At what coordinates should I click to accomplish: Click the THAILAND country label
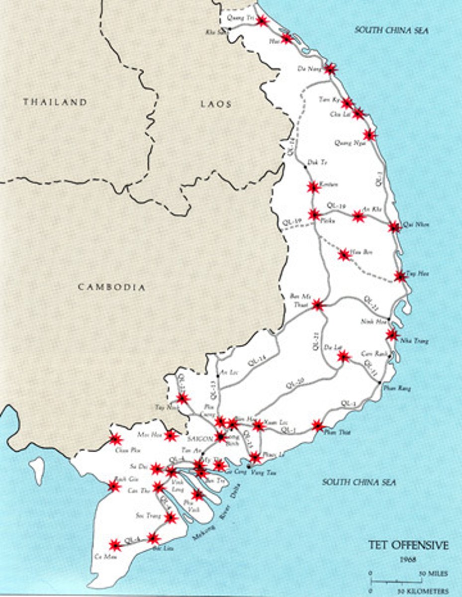[55, 102]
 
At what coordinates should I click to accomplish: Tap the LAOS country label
[216, 104]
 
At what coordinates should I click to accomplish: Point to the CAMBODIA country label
[112, 287]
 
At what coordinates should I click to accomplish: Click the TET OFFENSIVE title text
[408, 545]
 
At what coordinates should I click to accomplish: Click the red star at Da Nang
[330, 69]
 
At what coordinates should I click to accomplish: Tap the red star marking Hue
[286, 38]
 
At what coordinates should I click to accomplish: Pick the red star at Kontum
[313, 187]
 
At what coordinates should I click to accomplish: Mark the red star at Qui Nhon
[394, 227]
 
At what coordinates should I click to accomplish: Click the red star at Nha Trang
[392, 335]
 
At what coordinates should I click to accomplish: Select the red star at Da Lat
[343, 356]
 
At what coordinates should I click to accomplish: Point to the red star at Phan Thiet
[318, 425]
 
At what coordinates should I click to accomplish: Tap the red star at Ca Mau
[115, 545]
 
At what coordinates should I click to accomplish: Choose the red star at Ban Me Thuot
[317, 305]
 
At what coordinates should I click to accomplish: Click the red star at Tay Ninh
[183, 398]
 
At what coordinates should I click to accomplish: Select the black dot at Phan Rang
[380, 383]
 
